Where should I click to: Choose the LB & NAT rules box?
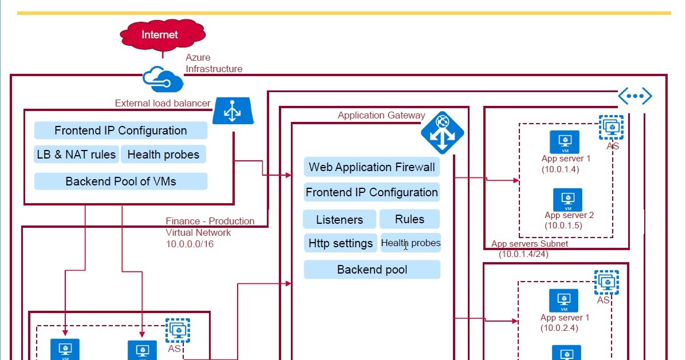pos(76,155)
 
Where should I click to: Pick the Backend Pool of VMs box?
pos(120,181)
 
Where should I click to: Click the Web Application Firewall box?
pos(372,167)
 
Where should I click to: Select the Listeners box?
pos(339,220)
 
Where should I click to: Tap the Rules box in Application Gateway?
pos(409,219)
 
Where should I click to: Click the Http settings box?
pos(340,243)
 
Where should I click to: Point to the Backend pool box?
pos(372,270)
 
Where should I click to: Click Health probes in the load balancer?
pos(163,155)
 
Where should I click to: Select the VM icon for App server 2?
pos(567,199)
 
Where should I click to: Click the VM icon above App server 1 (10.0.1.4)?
pos(565,141)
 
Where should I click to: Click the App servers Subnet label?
pos(530,244)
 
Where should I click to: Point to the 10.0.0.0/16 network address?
pos(190,244)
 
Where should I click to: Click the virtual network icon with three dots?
pos(634,97)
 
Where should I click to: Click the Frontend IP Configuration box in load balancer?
pos(120,130)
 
